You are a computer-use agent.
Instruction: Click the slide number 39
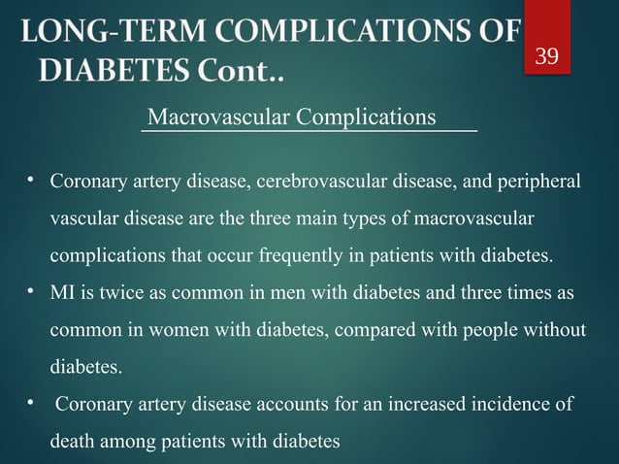pyautogui.click(x=547, y=56)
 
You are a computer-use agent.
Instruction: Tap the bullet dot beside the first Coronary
pyautogui.click(x=31, y=181)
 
